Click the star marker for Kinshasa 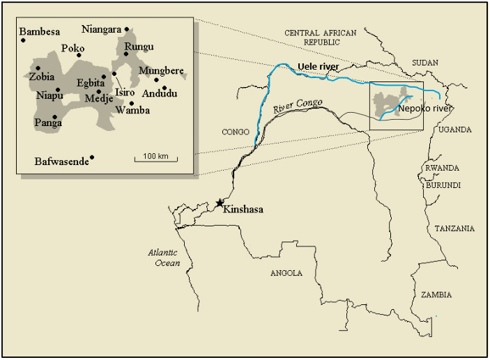coord(220,203)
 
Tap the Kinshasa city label coord(243,208)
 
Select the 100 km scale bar coord(156,159)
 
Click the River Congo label coord(298,106)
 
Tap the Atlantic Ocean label coord(164,258)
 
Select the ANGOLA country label coord(286,273)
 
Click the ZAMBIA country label coord(436,295)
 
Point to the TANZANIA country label coord(454,228)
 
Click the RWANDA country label coord(442,169)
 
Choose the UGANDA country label coord(455,130)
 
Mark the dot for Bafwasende coord(92,157)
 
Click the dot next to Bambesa coord(23,40)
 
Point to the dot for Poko coord(80,56)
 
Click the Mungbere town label coord(161,70)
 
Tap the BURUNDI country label coord(443,185)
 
